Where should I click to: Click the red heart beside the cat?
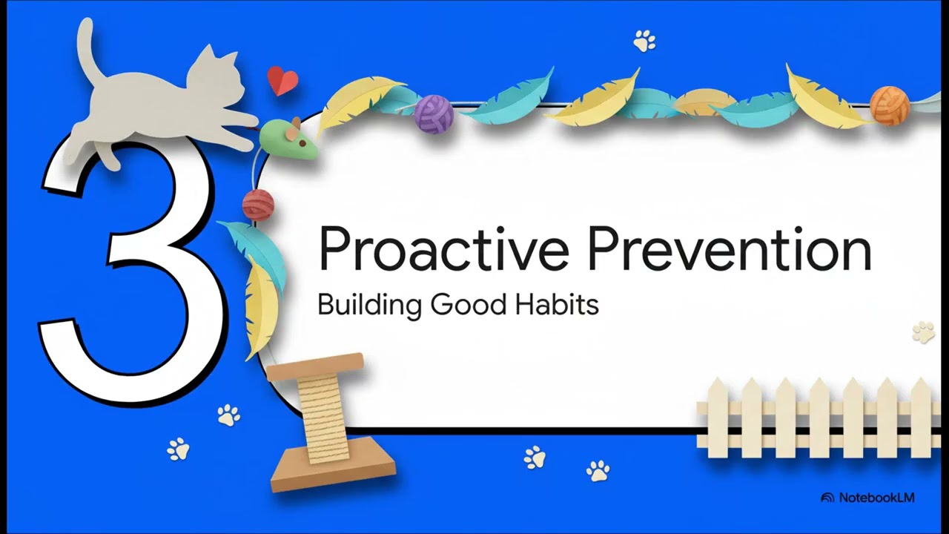click(x=282, y=81)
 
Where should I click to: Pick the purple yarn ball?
click(x=433, y=113)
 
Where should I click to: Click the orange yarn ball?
click(x=889, y=105)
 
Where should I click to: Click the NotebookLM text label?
click(x=876, y=498)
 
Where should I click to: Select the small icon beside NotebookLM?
click(x=827, y=498)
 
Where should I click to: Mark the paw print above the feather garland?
click(x=644, y=41)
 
